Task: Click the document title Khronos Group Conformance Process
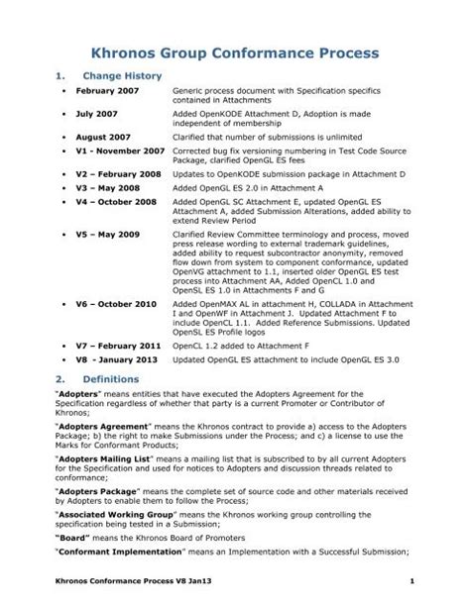234,51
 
